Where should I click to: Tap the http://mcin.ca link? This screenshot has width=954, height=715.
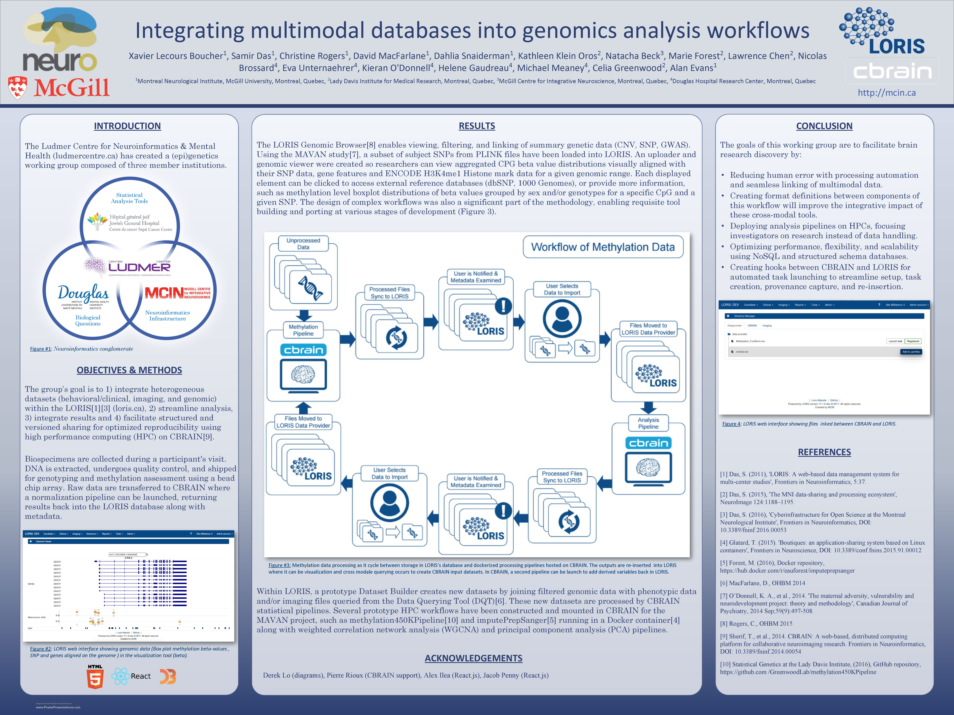point(886,93)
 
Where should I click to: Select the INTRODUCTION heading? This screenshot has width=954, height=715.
point(127,126)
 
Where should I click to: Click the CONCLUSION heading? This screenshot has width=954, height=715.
point(824,126)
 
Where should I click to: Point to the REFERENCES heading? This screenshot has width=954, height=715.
point(824,452)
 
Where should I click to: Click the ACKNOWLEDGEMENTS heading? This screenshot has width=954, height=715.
point(473,658)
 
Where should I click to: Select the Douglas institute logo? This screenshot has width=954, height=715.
point(83,295)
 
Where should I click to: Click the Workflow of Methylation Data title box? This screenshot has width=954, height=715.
point(602,247)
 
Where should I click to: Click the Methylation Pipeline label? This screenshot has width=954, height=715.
point(303,330)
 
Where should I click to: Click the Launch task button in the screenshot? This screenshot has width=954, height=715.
point(895,341)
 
